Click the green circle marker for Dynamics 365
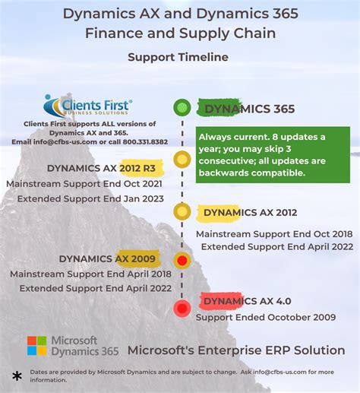pyautogui.click(x=181, y=107)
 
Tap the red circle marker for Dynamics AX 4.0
pyautogui.click(x=182, y=308)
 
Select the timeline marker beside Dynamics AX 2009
pyautogui.click(x=182, y=261)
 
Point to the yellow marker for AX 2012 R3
pyautogui.click(x=181, y=160)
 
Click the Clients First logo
pyautogui.click(x=88, y=106)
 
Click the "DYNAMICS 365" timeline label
pyautogui.click(x=246, y=109)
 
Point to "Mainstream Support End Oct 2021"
pyautogui.click(x=86, y=184)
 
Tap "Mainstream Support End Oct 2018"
pyautogui.click(x=275, y=233)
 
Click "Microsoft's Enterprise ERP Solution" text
pyautogui.click(x=236, y=350)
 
